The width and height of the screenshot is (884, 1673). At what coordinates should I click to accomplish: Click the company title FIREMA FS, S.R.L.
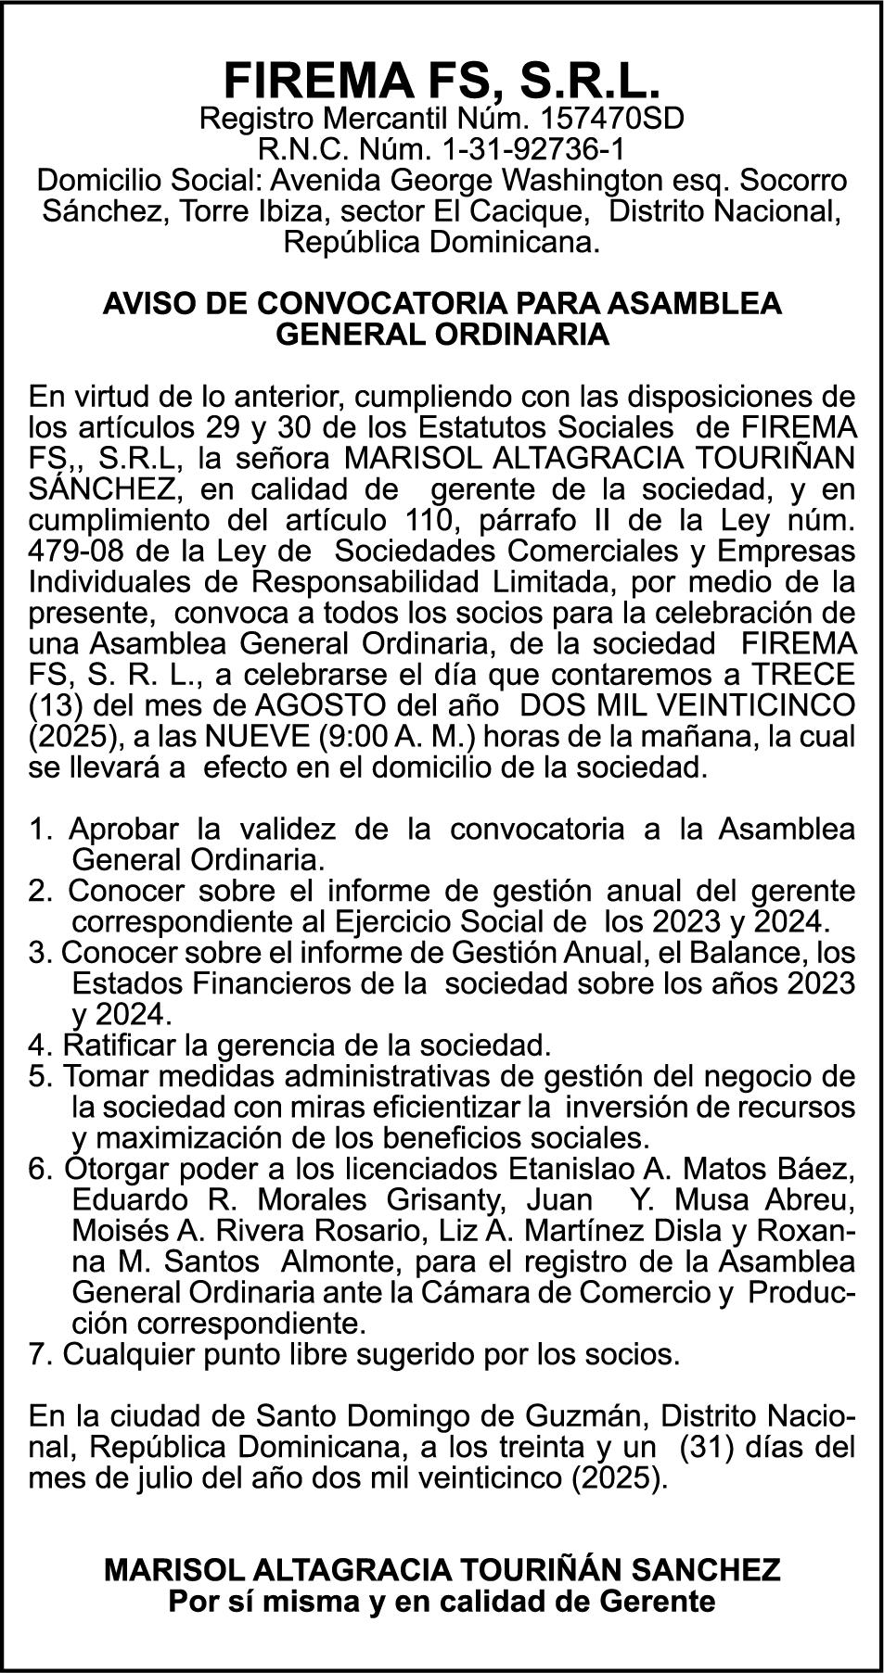coord(442,81)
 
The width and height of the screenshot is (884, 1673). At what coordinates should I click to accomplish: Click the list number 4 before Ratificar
coord(38,1046)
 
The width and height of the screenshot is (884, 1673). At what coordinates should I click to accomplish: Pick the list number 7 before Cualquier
coord(38,1354)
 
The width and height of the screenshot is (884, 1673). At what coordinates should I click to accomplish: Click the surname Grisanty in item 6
coord(447,1199)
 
